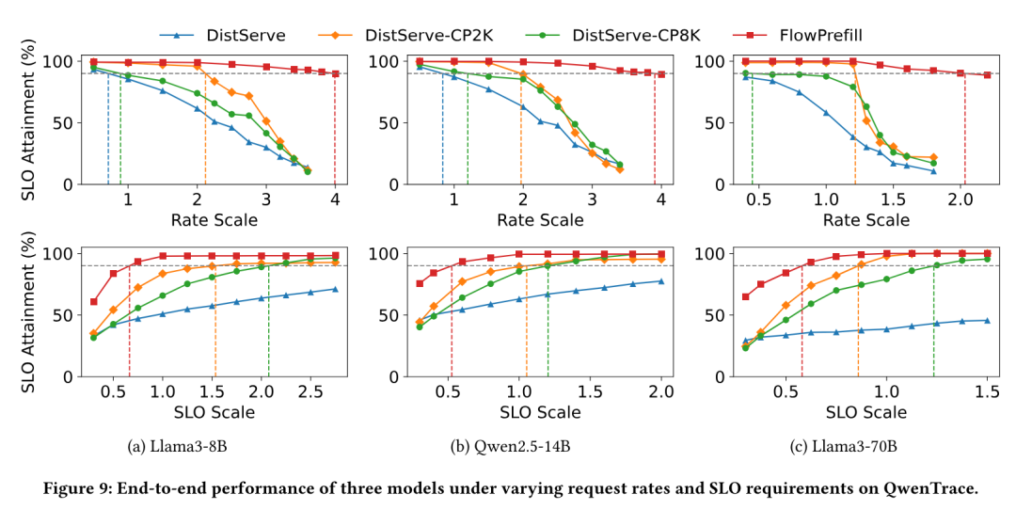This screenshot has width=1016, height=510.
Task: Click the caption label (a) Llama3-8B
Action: coord(177,446)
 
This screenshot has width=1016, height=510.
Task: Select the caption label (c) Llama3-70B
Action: coord(839,446)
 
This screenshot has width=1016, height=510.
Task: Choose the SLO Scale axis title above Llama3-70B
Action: coord(866,412)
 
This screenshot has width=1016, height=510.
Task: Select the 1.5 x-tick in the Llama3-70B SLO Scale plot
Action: coord(987,390)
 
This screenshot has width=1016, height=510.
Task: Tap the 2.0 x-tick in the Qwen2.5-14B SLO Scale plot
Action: coord(660,390)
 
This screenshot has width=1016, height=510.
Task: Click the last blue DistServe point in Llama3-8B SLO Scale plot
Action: coord(335,289)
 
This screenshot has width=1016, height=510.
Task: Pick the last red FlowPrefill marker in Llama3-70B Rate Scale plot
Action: coord(987,74)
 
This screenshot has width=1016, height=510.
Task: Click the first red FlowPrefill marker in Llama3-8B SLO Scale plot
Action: coord(93,302)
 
